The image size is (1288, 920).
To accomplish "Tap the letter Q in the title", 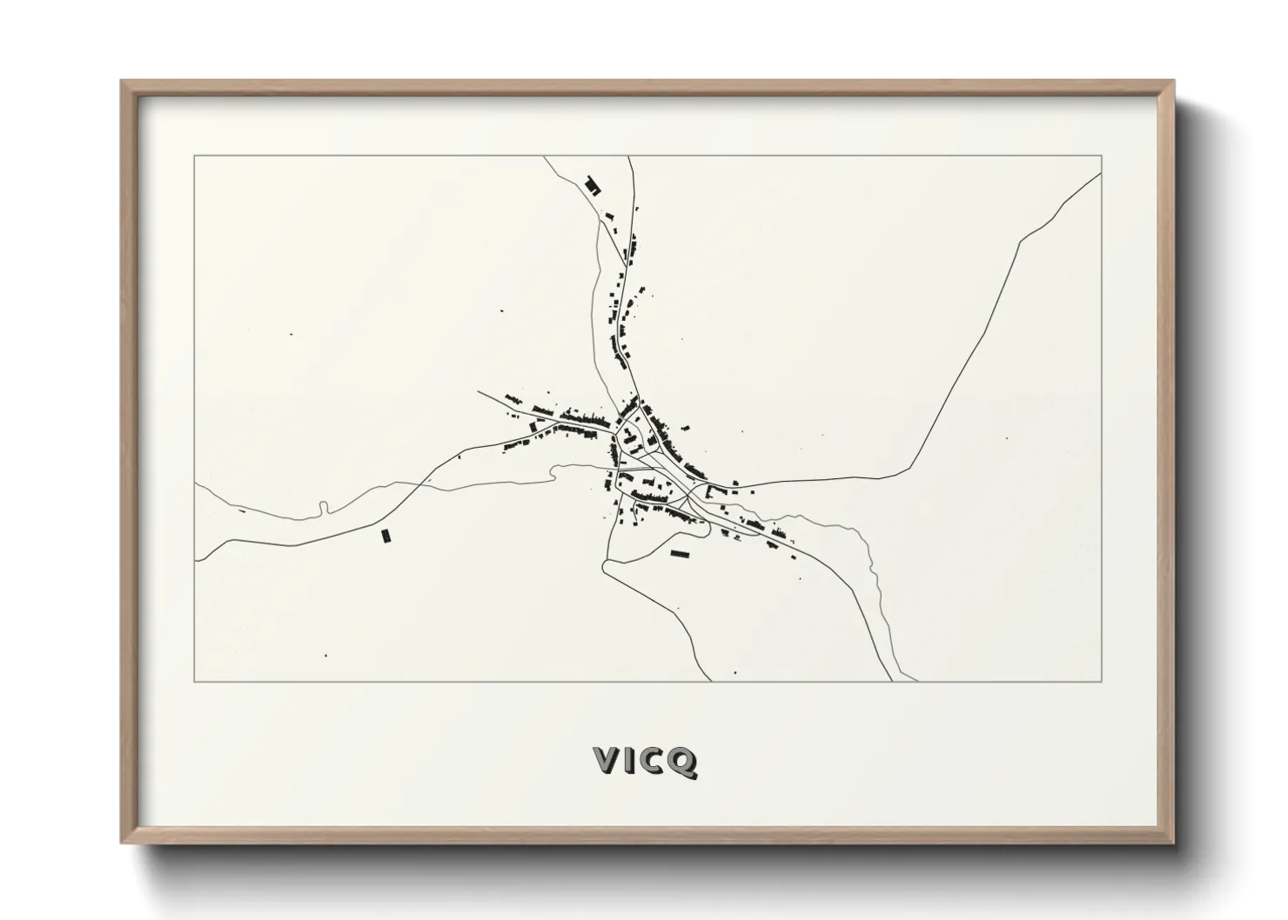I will click(683, 761).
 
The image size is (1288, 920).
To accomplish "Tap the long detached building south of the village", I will click(679, 552).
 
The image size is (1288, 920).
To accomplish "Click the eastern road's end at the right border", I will click(1101, 173).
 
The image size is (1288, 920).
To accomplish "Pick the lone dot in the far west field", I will click(291, 334).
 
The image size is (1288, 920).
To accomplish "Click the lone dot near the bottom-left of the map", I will click(326, 655).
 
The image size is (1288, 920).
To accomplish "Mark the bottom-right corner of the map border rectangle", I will click(1102, 681).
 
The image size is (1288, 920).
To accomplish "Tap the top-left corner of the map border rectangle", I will click(194, 157).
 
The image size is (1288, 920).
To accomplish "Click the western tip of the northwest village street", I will click(479, 392).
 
